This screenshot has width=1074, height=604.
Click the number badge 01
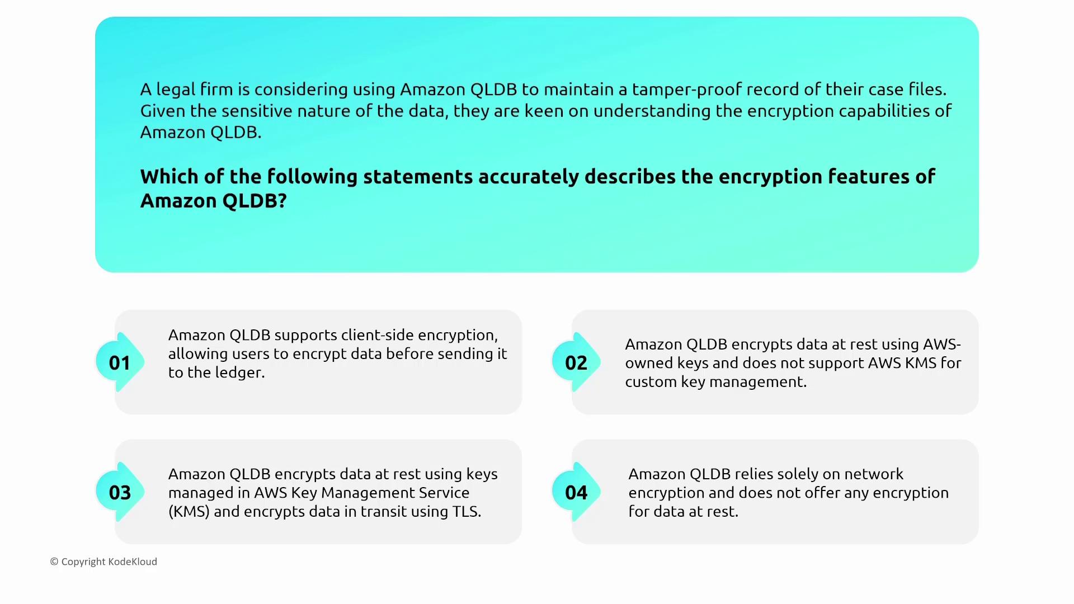tap(120, 362)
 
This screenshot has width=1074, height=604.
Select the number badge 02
tap(576, 362)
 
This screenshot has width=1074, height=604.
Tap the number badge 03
tap(120, 492)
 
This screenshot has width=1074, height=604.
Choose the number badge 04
tap(576, 492)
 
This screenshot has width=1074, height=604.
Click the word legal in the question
tap(176, 90)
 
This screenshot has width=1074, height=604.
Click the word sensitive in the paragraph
tap(257, 111)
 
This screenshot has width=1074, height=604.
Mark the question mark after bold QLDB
tap(282, 201)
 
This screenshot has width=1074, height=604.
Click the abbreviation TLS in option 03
tap(466, 512)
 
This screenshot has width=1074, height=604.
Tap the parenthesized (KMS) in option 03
tap(189, 512)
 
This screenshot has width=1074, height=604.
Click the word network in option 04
tap(874, 474)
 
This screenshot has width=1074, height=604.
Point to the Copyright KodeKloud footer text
tap(103, 562)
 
